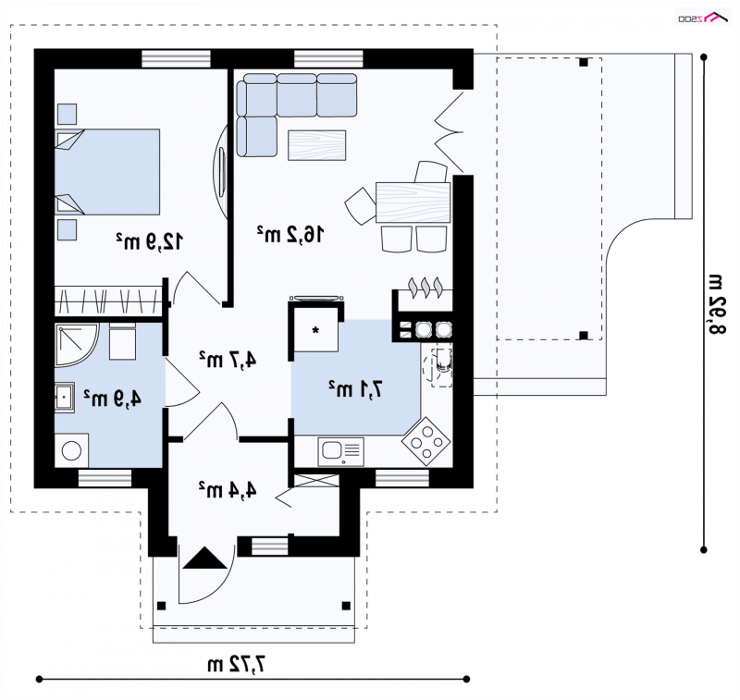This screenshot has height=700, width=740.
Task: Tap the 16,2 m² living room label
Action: pyautogui.click(x=290, y=234)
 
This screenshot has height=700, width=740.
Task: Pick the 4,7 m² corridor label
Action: pyautogui.click(x=228, y=360)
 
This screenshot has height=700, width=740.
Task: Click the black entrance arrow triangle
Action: pyautogui.click(x=204, y=558)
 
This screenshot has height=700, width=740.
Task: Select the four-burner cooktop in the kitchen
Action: pyautogui.click(x=426, y=441)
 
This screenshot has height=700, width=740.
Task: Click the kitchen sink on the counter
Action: pyautogui.click(x=340, y=451)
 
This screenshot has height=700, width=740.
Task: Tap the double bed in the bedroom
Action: pyautogui.click(x=107, y=172)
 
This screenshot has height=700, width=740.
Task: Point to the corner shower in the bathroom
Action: pyautogui.click(x=77, y=345)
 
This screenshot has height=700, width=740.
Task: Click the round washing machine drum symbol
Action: pyautogui.click(x=72, y=450)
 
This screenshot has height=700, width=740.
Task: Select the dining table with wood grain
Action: pyautogui.click(x=413, y=203)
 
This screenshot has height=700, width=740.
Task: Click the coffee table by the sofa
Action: pyautogui.click(x=316, y=145)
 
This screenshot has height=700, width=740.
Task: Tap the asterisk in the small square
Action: pyautogui.click(x=315, y=330)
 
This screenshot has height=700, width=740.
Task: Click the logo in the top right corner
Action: pyautogui.click(x=704, y=18)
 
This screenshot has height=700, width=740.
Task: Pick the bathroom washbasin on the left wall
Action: pyautogui.click(x=64, y=398)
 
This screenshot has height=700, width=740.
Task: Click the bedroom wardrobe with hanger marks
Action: pyautogui.click(x=108, y=301)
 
